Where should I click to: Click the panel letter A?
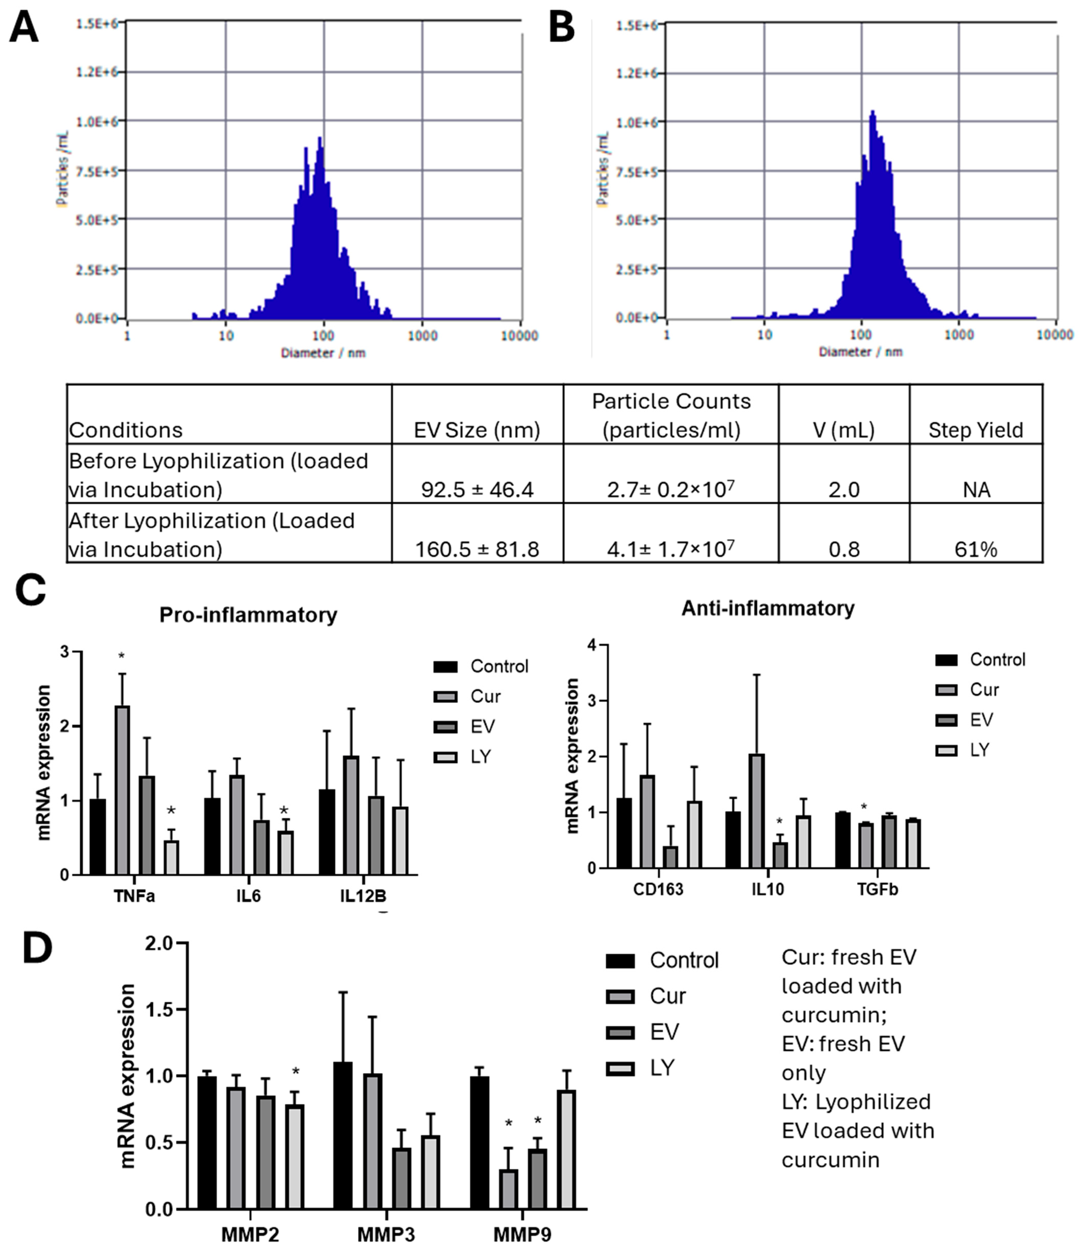click(24, 28)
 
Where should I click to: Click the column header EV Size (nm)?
click(477, 430)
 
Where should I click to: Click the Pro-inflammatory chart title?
click(248, 615)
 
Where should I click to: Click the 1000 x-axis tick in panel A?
click(422, 335)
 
